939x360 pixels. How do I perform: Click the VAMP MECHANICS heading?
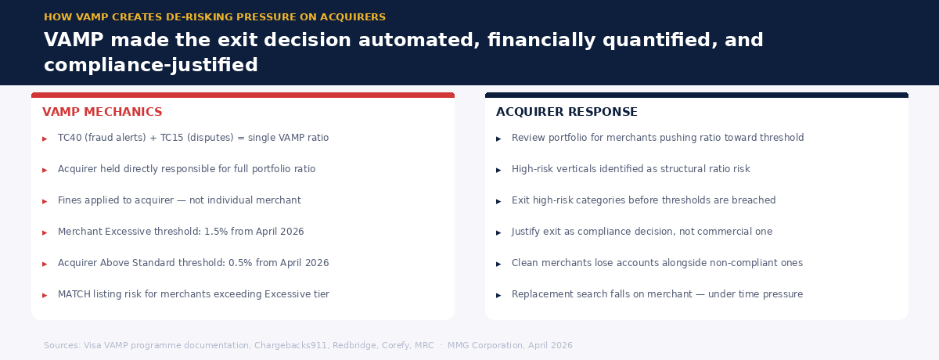pos(102,112)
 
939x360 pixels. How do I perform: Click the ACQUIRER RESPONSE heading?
pos(567,112)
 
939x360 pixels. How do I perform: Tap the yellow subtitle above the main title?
pos(214,17)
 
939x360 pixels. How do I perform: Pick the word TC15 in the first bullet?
pos(163,138)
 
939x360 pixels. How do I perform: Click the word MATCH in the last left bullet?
pos(73,294)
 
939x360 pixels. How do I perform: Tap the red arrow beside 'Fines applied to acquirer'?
pos(45,201)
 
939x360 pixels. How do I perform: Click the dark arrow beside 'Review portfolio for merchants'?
pos(498,139)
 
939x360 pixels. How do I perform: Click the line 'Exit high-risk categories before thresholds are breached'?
pos(643,200)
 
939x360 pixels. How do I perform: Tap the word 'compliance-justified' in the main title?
pos(150,65)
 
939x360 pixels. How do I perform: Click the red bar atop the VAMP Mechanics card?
pos(243,95)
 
